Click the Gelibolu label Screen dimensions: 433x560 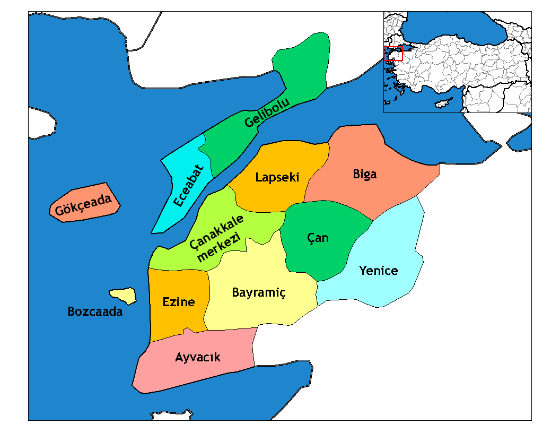[x=267, y=113]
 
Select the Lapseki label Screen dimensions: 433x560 [x=277, y=177]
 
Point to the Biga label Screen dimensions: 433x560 [x=365, y=174]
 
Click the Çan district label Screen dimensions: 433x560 [x=318, y=238]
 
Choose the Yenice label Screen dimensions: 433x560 [x=378, y=271]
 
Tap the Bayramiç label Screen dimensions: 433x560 [x=259, y=293]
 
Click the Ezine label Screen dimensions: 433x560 [x=178, y=302]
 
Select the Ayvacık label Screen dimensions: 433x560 [x=197, y=358]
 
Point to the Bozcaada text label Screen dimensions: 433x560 [x=95, y=311]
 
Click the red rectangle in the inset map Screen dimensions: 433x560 [x=393, y=54]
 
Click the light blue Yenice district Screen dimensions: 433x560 [x=392, y=244]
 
